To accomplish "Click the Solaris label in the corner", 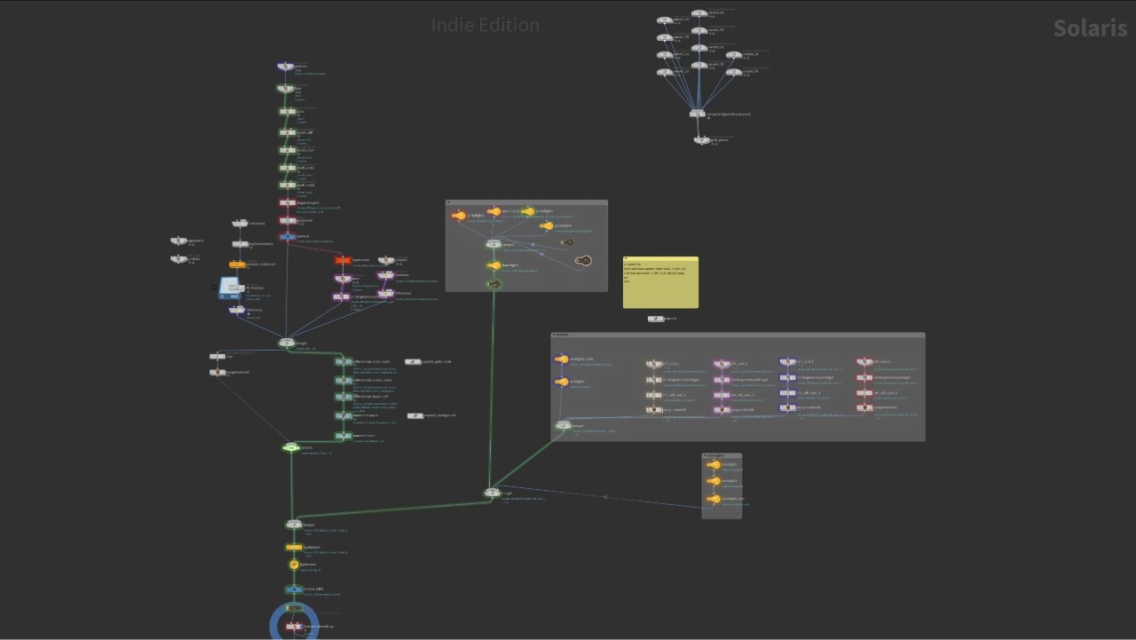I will pos(1089,28).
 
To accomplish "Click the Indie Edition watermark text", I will pos(485,25).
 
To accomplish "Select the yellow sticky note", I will pos(660,283).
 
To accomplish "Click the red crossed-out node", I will pos(343,260).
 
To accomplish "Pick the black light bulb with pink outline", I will pos(583,260).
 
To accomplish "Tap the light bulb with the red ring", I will pos(458,216).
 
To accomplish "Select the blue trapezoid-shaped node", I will pos(230,288).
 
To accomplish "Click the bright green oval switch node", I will pos(290,447).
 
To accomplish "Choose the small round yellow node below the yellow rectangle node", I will pos(294,565).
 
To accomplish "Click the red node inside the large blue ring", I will pos(293,627).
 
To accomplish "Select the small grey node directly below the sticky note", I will pos(655,319).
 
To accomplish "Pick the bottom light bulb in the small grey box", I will pos(714,499).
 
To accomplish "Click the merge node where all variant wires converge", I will pos(698,114).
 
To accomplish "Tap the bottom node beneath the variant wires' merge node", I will pos(701,139).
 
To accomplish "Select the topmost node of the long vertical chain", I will pos(285,67).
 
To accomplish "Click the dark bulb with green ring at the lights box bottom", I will pos(494,284).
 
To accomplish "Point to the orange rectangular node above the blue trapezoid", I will pos(237,265).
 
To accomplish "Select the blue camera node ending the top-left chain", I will pos(287,237).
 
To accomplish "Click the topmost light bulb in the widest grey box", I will pos(562,360).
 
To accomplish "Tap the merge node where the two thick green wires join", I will pos(493,493).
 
